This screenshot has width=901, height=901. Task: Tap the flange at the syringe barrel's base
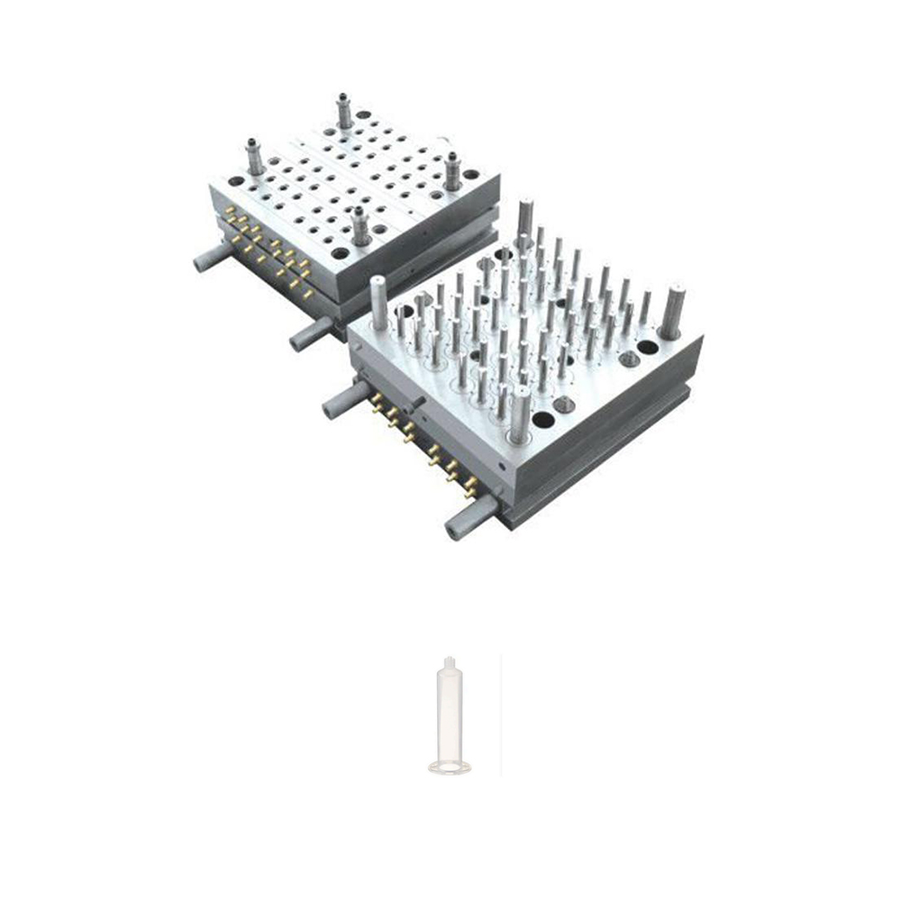point(449,768)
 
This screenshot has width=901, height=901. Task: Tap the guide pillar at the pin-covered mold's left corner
point(378,303)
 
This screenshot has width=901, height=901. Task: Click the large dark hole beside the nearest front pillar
point(543,420)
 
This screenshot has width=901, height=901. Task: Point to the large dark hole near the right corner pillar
point(647,347)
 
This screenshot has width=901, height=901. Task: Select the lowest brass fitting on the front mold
point(470,492)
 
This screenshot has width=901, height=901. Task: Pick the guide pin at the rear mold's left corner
point(255,157)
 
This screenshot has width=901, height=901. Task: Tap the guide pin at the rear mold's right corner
point(451,170)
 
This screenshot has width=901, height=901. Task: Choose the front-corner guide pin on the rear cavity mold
point(359,225)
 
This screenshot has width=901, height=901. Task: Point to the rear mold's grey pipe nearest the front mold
point(311,333)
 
